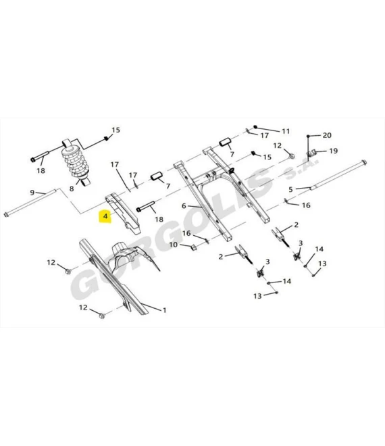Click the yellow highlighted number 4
105,216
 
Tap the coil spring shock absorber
75,162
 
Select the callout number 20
327,135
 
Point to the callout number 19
333,151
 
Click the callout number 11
286,131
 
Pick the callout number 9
32,193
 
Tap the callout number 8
72,189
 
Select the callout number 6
184,205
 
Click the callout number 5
290,189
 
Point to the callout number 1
164,310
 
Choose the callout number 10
173,245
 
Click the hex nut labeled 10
192,247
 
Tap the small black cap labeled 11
255,127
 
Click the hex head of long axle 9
7,214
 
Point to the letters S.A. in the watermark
301,168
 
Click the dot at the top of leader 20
308,137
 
